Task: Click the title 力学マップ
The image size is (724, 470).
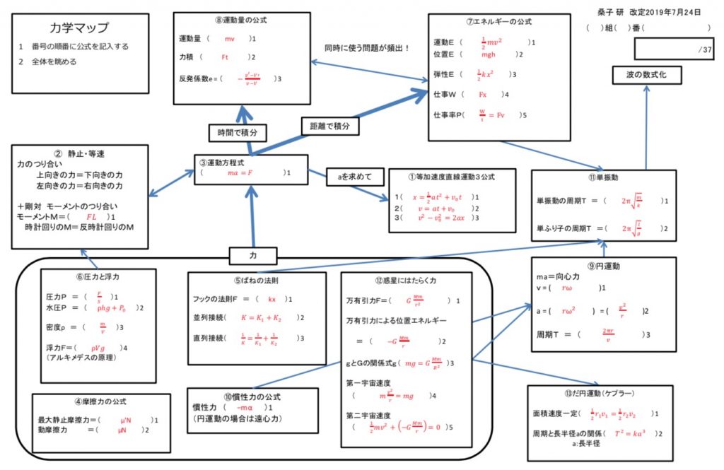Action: [x=80, y=28]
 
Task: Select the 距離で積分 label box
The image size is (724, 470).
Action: [x=330, y=127]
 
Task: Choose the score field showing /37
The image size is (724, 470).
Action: [x=675, y=49]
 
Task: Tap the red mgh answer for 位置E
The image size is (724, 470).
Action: [x=489, y=54]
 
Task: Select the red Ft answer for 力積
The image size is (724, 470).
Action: [x=226, y=57]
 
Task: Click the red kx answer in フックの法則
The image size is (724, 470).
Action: [x=271, y=299]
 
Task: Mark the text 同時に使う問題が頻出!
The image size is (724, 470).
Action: [x=367, y=49]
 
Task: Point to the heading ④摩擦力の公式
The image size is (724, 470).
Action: [x=101, y=401]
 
